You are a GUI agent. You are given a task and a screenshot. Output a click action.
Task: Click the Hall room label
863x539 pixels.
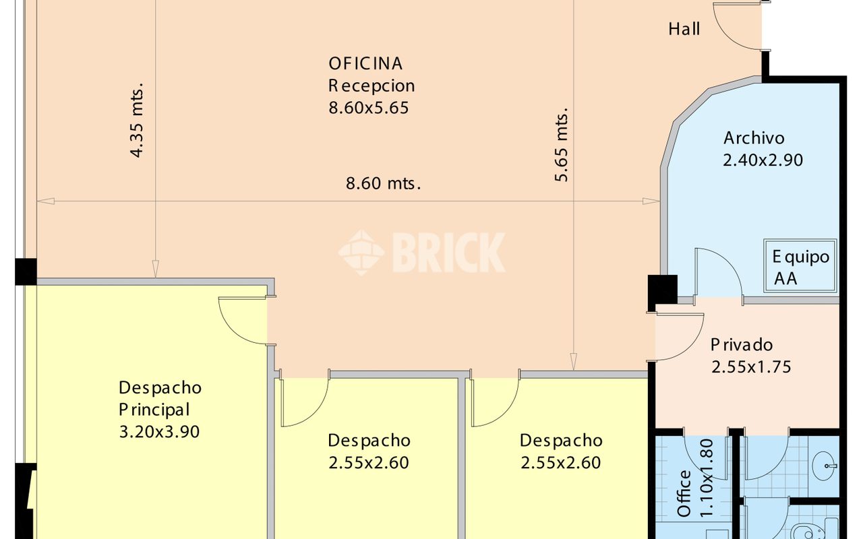point(684,29)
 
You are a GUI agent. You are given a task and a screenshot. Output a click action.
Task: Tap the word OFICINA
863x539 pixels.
point(365,63)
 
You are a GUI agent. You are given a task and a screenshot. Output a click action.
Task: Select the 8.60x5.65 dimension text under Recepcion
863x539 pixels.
point(368,108)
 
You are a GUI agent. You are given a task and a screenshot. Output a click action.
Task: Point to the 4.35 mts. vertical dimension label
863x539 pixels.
point(137,120)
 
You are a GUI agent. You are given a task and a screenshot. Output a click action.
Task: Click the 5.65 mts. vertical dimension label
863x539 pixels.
point(562,144)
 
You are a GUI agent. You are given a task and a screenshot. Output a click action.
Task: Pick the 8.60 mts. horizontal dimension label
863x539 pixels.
point(384,183)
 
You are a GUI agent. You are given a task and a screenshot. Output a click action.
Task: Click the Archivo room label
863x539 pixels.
point(754,138)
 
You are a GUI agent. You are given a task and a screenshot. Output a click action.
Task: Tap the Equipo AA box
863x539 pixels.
point(800,265)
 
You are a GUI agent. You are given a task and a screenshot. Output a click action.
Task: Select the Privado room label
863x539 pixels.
point(742,345)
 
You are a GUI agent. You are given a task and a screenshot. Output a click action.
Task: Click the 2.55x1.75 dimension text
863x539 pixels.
point(751,367)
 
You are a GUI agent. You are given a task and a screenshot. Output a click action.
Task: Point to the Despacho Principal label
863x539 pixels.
point(160,398)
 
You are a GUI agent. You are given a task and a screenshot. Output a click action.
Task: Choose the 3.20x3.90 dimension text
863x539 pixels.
point(159,432)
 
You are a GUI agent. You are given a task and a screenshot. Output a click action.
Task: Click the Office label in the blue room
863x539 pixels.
point(684,493)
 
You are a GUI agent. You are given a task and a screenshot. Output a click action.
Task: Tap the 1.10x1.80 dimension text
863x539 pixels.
point(707,478)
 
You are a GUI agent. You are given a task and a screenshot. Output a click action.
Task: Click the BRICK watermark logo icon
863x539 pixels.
point(361,253)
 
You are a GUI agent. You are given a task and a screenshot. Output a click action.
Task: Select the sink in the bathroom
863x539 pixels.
point(825,466)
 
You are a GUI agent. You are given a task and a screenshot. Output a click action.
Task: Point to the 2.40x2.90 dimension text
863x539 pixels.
point(763,160)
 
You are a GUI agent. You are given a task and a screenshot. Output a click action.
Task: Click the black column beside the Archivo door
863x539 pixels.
point(662,290)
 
